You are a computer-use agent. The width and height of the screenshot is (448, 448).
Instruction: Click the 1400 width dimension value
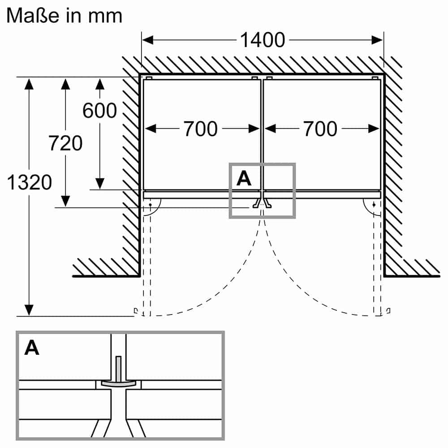pyautogui.click(x=263, y=40)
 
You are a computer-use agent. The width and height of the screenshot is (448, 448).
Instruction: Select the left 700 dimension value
pyautogui.click(x=200, y=129)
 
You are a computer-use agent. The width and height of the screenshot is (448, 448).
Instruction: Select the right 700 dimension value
pyautogui.click(x=320, y=129)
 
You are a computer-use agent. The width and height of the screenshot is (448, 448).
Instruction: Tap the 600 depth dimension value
pyautogui.click(x=99, y=111)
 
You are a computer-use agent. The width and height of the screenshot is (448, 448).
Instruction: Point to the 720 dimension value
pyautogui.click(x=65, y=143)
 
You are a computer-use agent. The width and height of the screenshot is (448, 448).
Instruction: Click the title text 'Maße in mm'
pyautogui.click(x=64, y=16)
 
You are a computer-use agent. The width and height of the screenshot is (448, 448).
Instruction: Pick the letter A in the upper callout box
pyautogui.click(x=244, y=178)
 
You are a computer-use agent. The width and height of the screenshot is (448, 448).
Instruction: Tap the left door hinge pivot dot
pyautogui.click(x=150, y=204)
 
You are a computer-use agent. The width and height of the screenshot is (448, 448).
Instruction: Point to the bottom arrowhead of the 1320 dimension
pyautogui.click(x=29, y=310)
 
